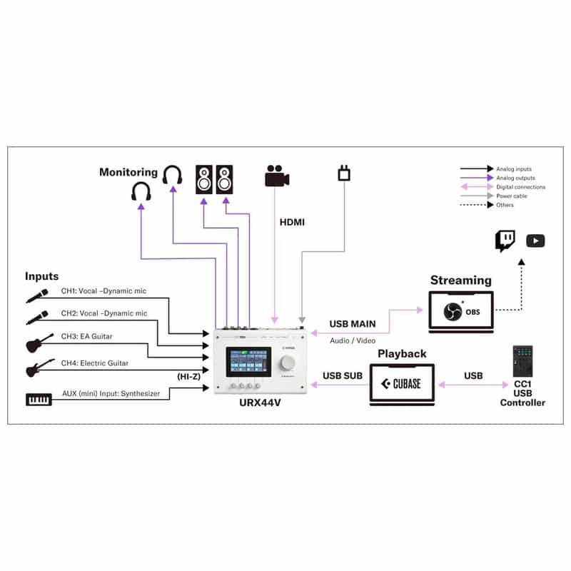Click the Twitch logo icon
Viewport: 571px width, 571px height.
coord(506,241)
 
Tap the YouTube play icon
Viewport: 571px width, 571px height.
coord(535,241)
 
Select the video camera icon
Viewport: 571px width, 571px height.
coord(276,176)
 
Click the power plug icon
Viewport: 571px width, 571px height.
coord(343,173)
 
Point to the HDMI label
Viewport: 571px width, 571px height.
coord(291,223)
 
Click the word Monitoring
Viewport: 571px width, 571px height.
coord(128,172)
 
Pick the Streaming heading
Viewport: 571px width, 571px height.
coord(460,281)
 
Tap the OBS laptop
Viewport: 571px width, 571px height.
coord(460,311)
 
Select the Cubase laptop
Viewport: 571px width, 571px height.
coord(401,385)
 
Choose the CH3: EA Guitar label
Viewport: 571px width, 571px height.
coord(86,335)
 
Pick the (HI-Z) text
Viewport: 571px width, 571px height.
coord(190,375)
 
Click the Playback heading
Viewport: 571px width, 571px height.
coord(402,353)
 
